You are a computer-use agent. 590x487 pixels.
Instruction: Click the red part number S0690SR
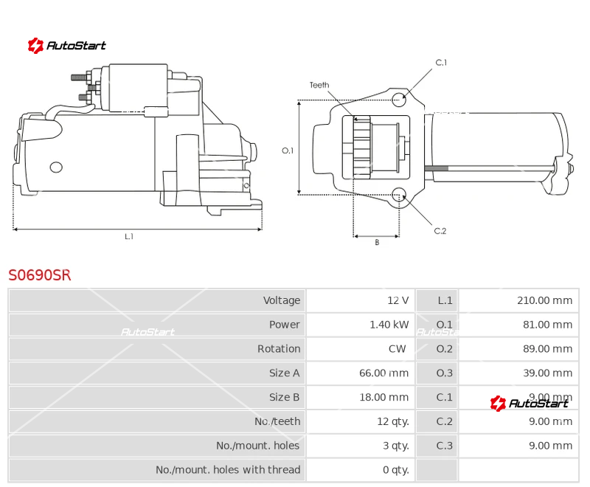tap(40, 275)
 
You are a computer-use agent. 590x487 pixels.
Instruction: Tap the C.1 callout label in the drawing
tap(441, 63)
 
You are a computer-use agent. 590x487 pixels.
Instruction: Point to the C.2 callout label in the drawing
tap(440, 231)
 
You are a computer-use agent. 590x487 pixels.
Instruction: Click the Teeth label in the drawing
tap(319, 85)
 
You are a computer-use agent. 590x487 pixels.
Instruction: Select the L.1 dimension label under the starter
tap(128, 237)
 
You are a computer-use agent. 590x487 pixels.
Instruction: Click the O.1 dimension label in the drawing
tap(288, 151)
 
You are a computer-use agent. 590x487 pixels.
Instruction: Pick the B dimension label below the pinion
tap(376, 243)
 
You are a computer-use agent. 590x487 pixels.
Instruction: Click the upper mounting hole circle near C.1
tap(399, 100)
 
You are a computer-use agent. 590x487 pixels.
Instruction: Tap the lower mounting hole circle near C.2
tap(399, 195)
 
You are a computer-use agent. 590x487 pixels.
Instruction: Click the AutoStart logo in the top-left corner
tap(67, 46)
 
